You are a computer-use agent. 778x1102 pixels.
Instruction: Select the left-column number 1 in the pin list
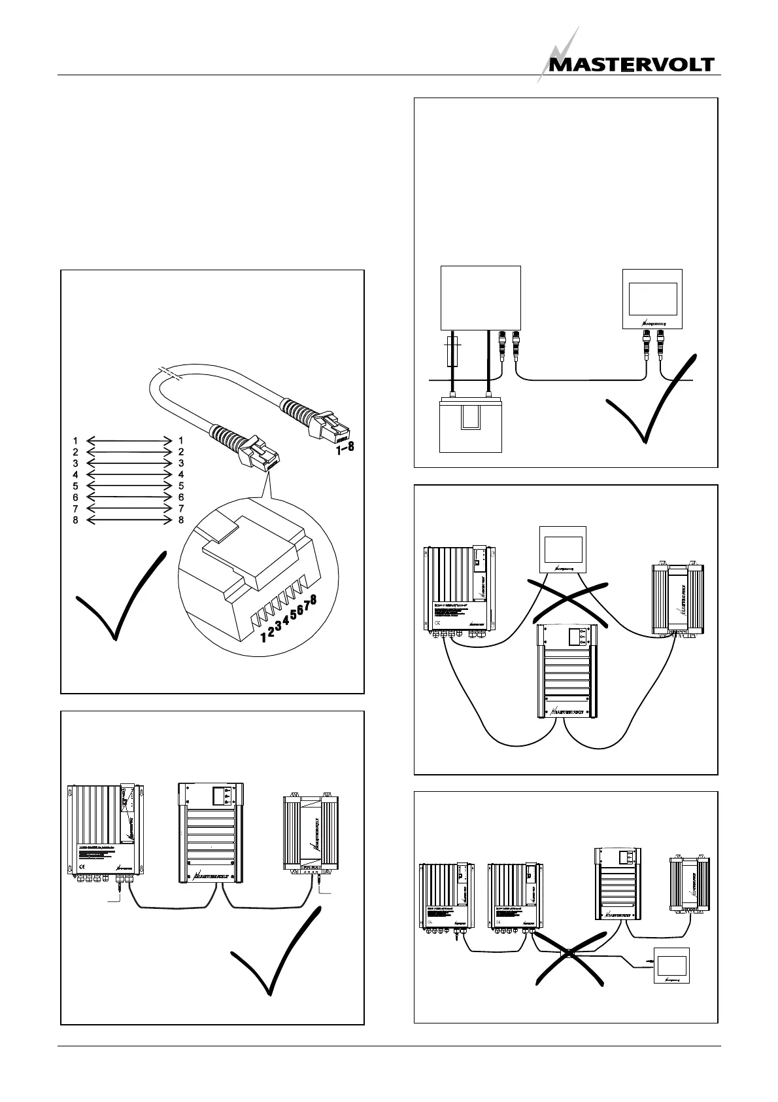(x=76, y=441)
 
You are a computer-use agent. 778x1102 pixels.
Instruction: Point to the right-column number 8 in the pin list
(x=181, y=520)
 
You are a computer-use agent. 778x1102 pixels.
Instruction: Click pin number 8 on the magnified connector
(x=314, y=599)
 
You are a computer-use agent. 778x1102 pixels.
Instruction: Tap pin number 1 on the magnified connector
(x=263, y=637)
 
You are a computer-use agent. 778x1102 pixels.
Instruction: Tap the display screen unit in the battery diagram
(x=651, y=298)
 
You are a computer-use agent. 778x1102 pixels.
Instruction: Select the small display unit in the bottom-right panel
(x=672, y=967)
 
